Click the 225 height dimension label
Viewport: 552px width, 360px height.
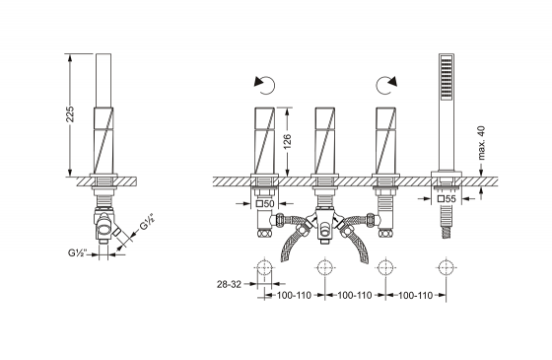pyautogui.click(x=70, y=113)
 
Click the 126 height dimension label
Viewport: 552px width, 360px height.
pyautogui.click(x=288, y=141)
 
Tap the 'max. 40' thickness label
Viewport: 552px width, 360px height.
pyautogui.click(x=482, y=143)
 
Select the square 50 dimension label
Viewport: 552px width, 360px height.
pyautogui.click(x=265, y=203)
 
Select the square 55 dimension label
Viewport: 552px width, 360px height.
pyautogui.click(x=447, y=198)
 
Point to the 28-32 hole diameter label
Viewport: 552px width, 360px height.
pyautogui.click(x=229, y=284)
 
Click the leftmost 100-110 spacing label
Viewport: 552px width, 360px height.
pyautogui.click(x=294, y=295)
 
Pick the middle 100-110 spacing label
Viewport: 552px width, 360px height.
pyautogui.click(x=355, y=295)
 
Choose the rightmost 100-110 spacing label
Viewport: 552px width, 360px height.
pyautogui.click(x=415, y=295)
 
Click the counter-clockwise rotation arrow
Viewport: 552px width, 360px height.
pyautogui.click(x=265, y=86)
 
